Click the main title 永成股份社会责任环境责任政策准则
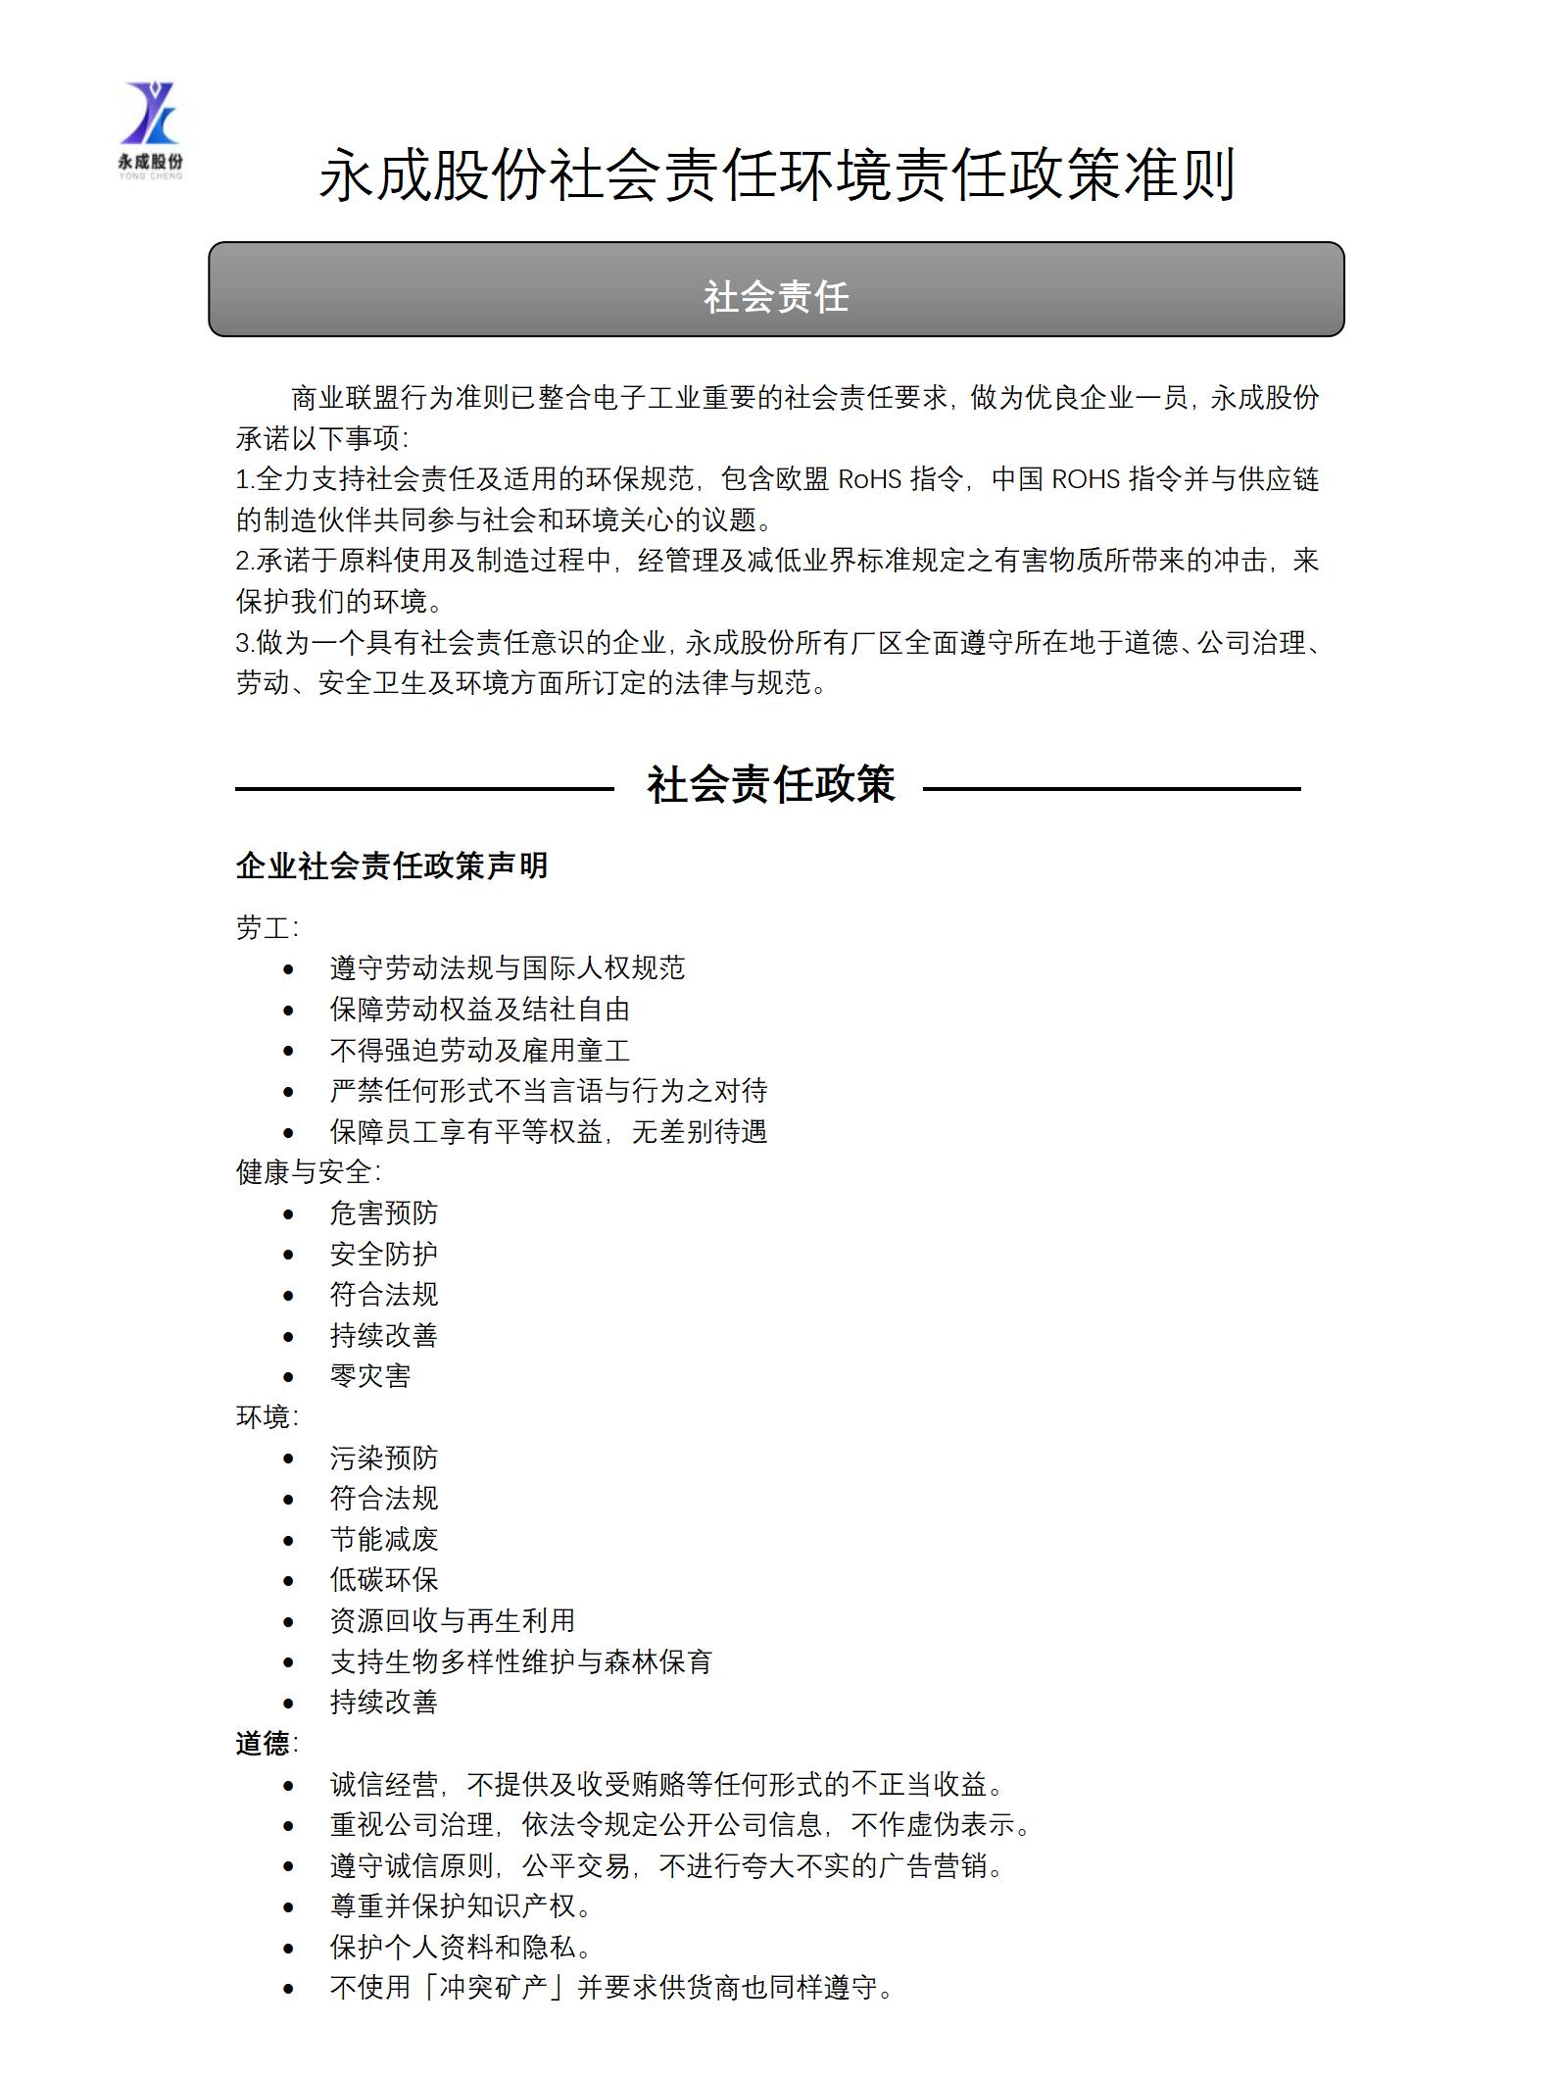(776, 176)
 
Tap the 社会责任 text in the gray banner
(776, 297)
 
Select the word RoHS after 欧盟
(869, 479)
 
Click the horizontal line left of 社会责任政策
(423, 788)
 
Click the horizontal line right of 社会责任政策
(1111, 788)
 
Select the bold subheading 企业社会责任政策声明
(391, 865)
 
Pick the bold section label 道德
(263, 1744)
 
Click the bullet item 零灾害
(370, 1376)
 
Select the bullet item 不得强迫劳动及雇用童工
(480, 1051)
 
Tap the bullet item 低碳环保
(384, 1580)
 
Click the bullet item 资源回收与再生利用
(453, 1621)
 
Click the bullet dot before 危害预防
(288, 1214)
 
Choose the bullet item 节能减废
(384, 1540)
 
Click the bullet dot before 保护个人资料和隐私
(288, 1949)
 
